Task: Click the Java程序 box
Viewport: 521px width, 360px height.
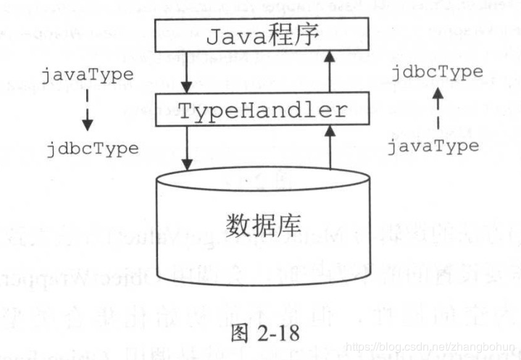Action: point(262,35)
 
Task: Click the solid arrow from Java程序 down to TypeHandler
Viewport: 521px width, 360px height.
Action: point(187,72)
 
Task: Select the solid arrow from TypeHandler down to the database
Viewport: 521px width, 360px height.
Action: point(187,148)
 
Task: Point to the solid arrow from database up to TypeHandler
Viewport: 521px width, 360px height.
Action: point(329,148)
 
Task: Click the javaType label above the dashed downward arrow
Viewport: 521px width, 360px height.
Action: point(88,74)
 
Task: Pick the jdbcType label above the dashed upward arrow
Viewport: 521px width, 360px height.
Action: point(437,72)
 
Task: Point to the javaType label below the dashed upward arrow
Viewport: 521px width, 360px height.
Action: point(433,146)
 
